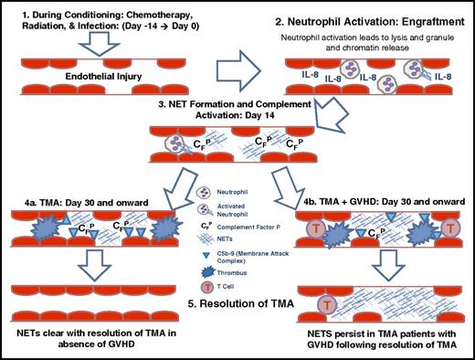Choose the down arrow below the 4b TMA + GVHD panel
[387, 265]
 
